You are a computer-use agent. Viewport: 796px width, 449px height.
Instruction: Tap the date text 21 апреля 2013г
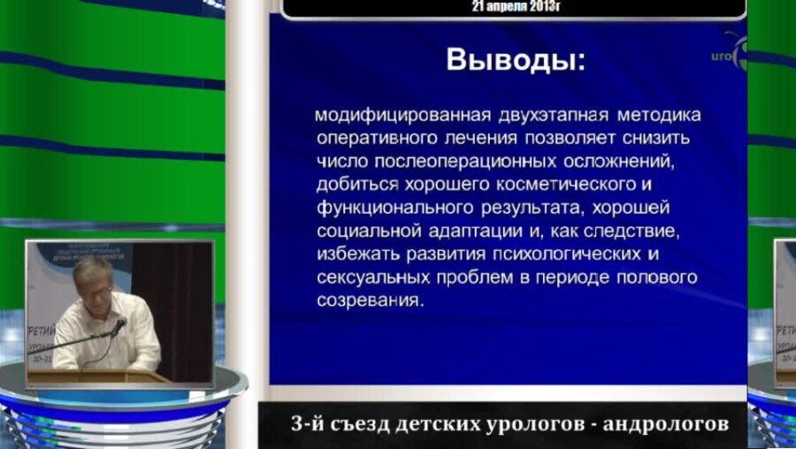point(516,5)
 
